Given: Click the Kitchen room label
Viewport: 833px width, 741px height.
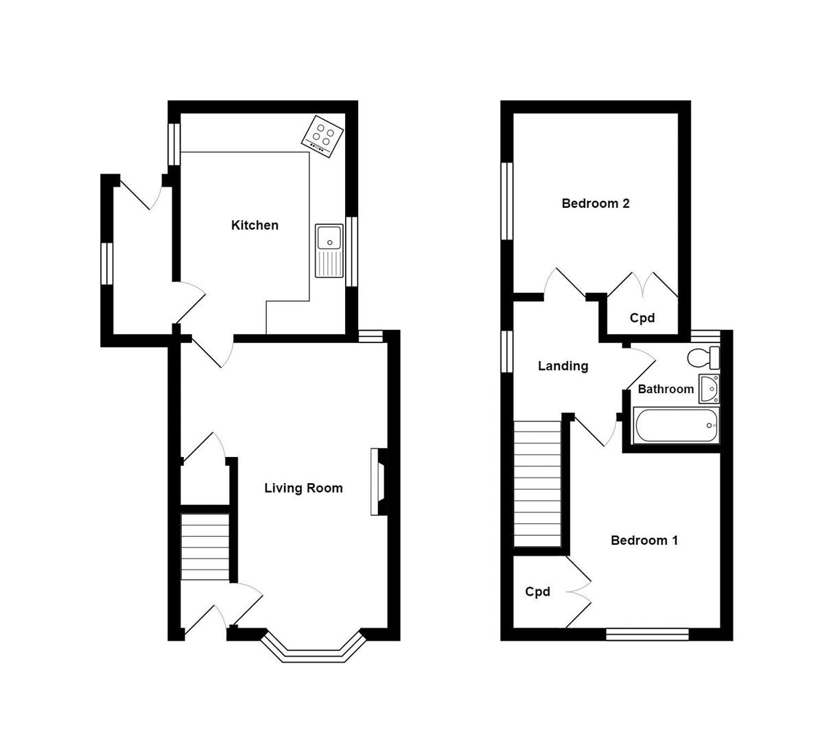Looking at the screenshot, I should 255,225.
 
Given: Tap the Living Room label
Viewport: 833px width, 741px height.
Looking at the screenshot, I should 303,488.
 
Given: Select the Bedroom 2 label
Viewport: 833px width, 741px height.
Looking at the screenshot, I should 595,203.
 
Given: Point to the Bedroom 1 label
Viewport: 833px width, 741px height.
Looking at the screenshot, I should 644,540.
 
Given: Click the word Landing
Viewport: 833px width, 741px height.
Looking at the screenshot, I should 563,366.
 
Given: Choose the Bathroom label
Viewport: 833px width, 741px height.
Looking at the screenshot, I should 666,389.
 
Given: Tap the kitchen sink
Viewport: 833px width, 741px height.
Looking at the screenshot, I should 329,250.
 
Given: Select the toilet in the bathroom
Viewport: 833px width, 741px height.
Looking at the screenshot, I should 703,357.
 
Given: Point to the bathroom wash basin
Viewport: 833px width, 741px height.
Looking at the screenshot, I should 709,388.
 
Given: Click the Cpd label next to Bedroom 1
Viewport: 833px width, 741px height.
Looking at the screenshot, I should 537,591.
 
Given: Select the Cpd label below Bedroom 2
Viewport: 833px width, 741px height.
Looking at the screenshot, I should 642,318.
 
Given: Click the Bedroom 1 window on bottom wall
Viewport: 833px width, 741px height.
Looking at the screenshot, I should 647,635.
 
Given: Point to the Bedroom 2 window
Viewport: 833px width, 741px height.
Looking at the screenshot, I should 507,201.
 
